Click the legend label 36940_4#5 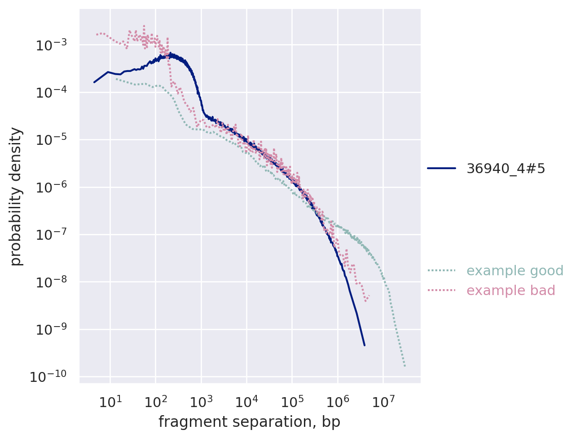[x=506, y=168]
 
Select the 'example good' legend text [x=515, y=271]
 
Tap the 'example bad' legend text [x=511, y=291]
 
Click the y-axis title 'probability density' [x=16, y=196]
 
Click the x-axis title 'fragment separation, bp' [x=249, y=422]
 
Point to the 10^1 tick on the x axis [x=110, y=401]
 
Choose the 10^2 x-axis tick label [x=155, y=401]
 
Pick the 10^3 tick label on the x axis [x=201, y=401]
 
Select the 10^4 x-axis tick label [x=246, y=401]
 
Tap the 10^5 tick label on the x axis [x=292, y=401]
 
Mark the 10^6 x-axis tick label [x=338, y=401]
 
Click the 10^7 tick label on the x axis [x=383, y=401]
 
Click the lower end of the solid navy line [x=364, y=345]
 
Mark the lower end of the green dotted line [x=405, y=366]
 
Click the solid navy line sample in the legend [x=441, y=168]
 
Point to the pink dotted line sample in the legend [x=441, y=291]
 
